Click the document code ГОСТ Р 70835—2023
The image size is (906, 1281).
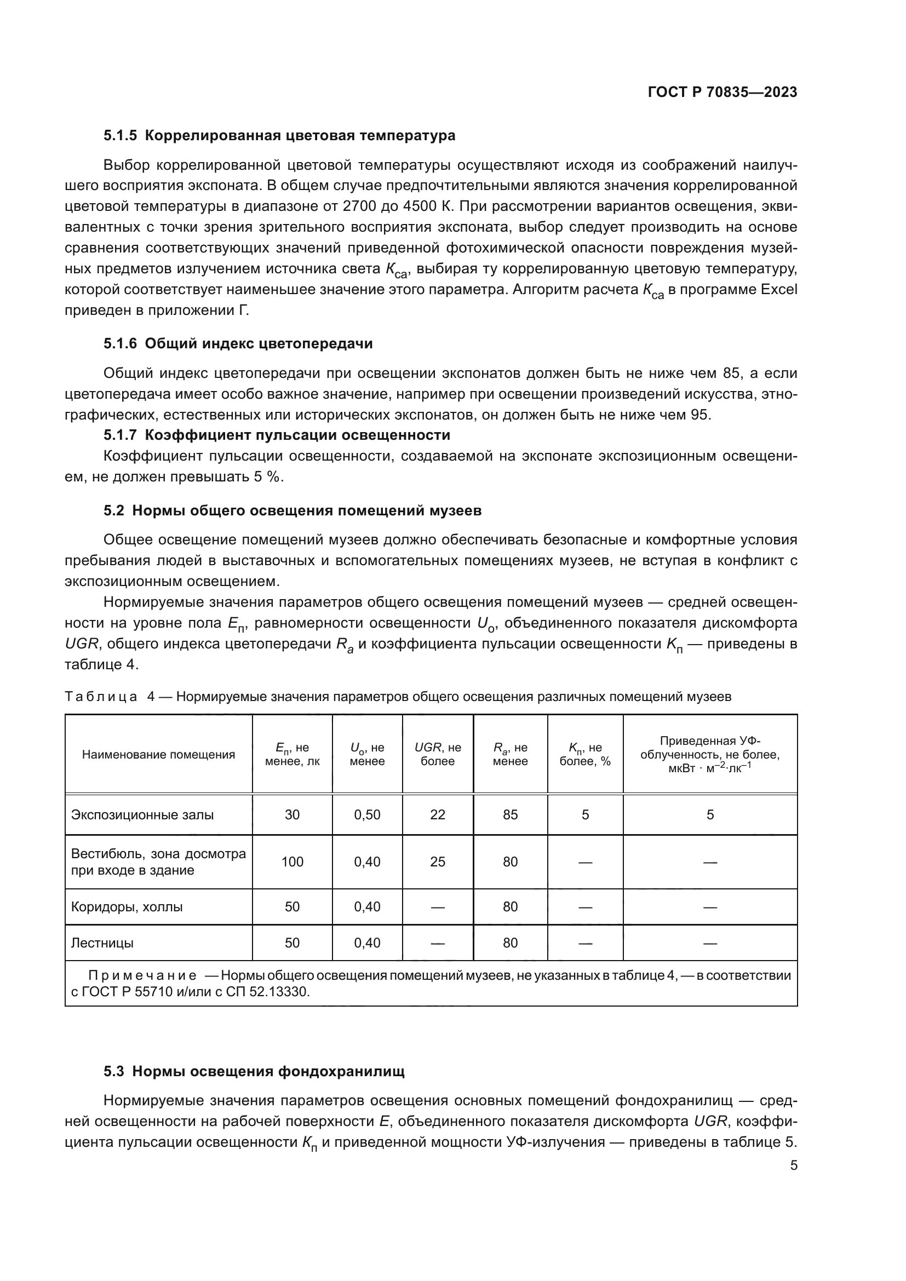[x=722, y=93]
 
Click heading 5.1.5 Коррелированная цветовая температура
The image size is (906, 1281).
[x=279, y=136]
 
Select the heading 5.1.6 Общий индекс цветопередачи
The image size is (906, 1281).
[x=238, y=344]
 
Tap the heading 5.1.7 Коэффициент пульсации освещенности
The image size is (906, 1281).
[x=277, y=435]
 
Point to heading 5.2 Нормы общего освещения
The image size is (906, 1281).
[x=293, y=510]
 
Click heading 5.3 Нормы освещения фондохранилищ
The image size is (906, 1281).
[x=254, y=1071]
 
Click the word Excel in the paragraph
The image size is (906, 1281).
[x=779, y=290]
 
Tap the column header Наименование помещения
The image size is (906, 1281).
[x=158, y=754]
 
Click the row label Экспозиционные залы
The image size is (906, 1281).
[x=142, y=814]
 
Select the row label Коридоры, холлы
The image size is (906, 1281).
[x=127, y=906]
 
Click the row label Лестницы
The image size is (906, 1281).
[x=102, y=943]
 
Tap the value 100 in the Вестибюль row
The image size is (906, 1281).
[x=292, y=862]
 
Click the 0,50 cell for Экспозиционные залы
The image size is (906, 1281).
[x=367, y=814]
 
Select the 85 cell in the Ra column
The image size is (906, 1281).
[x=510, y=814]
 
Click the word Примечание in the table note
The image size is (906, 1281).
[x=142, y=976]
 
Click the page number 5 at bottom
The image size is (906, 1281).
[x=793, y=1166]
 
